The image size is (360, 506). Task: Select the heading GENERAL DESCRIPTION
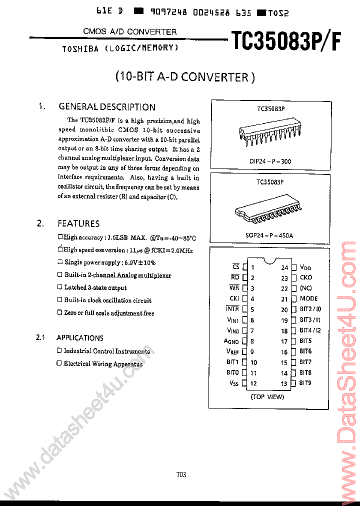(106, 107)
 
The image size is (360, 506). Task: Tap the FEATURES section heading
(78, 223)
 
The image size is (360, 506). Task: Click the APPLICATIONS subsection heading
(80, 338)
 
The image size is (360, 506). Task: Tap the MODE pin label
(308, 299)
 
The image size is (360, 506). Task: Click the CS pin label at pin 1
(235, 267)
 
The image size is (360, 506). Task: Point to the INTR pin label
(232, 309)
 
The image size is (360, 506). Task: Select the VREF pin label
(232, 351)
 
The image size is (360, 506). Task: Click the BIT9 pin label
(305, 383)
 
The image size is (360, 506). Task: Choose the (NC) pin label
(305, 288)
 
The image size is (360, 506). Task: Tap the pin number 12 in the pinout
(253, 383)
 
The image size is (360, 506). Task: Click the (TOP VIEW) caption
(267, 396)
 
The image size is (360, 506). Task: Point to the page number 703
(181, 474)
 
